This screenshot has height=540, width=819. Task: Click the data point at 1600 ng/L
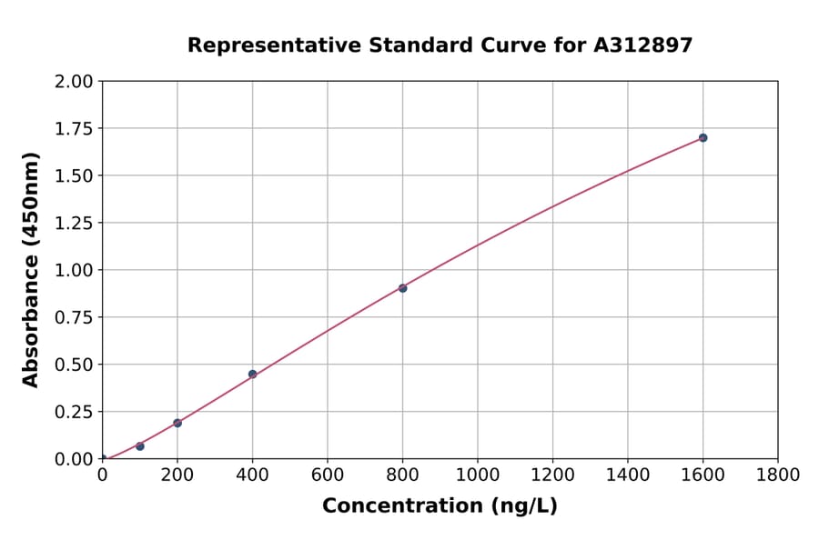click(x=703, y=138)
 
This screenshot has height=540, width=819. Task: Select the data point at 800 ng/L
click(x=402, y=288)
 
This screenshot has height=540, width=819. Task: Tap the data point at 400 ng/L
click(x=252, y=374)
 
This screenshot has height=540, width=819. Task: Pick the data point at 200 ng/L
click(x=177, y=423)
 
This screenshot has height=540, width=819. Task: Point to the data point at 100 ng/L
click(x=140, y=446)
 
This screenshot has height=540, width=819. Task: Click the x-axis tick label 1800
click(x=778, y=475)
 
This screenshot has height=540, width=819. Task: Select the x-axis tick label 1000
click(x=478, y=475)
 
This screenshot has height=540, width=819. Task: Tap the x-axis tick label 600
click(x=328, y=475)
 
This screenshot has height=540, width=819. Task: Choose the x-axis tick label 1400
click(x=628, y=475)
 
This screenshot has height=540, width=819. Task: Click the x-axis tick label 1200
click(x=552, y=475)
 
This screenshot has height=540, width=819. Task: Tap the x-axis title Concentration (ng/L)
click(x=440, y=506)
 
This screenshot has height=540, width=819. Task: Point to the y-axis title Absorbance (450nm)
click(x=31, y=269)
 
